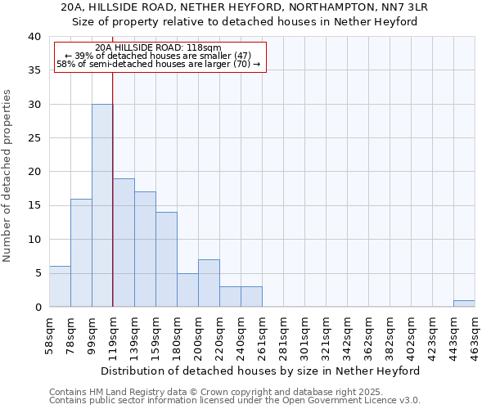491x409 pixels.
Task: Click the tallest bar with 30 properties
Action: point(102,205)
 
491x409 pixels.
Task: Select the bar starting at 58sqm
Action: point(60,286)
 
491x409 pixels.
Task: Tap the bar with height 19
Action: point(124,242)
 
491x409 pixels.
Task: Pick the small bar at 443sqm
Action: point(464,303)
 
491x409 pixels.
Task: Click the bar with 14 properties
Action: point(166,259)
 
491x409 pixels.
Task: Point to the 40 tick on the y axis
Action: point(34,37)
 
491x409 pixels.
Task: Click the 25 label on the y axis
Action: point(34,138)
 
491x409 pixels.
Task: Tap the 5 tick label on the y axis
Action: point(38,273)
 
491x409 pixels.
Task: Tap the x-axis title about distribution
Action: point(262,371)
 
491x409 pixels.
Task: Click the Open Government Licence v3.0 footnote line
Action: point(235,400)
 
